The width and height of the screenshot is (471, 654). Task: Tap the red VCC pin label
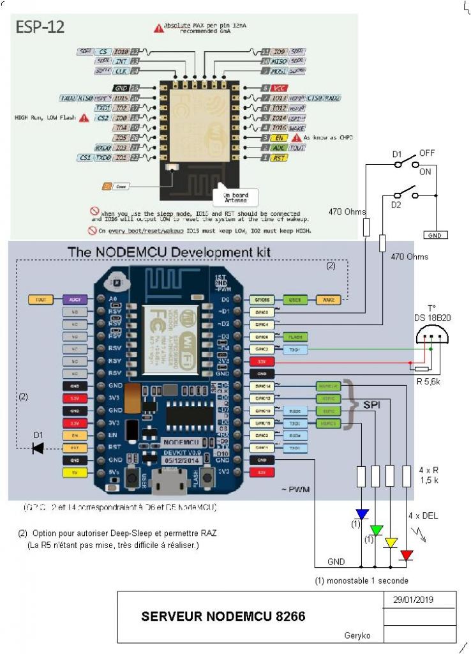(278, 87)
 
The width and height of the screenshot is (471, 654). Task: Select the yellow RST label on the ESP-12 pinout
(279, 157)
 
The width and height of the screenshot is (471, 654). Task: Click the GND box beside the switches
(436, 235)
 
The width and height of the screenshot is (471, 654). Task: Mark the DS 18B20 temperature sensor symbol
(431, 337)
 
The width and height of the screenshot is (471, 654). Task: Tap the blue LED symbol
(362, 514)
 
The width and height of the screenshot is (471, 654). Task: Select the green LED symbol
(377, 529)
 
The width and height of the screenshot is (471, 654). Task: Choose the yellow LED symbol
(391, 543)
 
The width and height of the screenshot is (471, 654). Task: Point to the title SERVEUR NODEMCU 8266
(223, 616)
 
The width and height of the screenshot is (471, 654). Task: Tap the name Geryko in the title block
(357, 635)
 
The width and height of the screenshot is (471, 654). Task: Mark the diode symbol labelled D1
(38, 448)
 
